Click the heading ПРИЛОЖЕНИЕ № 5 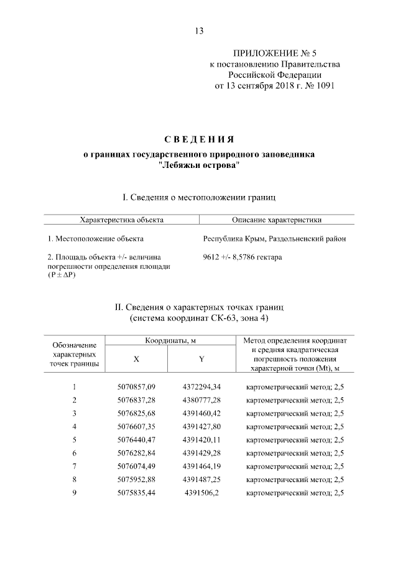[274, 54]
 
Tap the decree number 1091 [323, 85]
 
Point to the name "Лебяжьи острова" [198, 165]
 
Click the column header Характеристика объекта [122, 220]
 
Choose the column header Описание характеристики [276, 220]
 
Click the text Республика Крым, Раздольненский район [275, 239]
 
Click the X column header [137, 359]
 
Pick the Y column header [201, 359]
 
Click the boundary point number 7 [74, 466]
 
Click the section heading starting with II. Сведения [199, 307]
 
